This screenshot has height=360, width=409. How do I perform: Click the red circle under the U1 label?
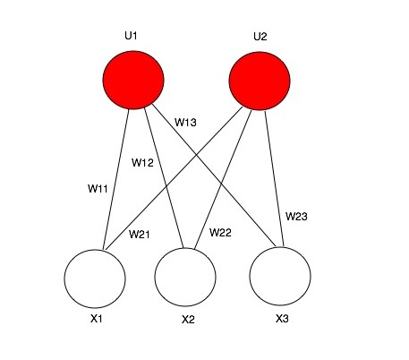point(133,80)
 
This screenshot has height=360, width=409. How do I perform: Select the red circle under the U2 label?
point(260,81)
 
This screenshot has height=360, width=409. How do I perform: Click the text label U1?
point(131,36)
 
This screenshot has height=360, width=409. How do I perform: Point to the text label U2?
point(260,37)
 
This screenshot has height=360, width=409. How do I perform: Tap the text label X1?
point(97,319)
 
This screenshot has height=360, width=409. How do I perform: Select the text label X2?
point(188,320)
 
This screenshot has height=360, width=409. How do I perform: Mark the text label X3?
point(282,319)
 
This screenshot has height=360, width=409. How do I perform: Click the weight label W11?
point(98,189)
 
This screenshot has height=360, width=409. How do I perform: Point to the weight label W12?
point(142,163)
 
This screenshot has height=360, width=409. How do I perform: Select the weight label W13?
point(185,123)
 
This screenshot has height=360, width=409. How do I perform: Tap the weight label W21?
point(140,235)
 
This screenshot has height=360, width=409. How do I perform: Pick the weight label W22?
point(220,233)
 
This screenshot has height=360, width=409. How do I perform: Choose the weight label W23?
point(296,217)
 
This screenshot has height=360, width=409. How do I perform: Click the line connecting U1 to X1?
point(115,179)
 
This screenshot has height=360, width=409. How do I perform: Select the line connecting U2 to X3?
point(274,178)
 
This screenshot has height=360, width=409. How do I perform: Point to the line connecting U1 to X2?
point(164,178)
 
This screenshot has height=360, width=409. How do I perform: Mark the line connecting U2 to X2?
point(223,179)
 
